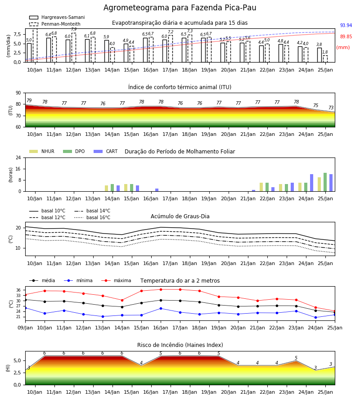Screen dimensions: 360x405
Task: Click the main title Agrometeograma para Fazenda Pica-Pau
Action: coord(180,8)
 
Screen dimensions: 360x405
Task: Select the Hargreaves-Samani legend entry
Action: coord(57,17)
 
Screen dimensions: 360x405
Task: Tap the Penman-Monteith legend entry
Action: coord(55,24)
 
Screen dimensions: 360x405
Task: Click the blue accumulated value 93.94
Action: coord(346,25)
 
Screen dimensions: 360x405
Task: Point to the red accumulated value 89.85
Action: coord(346,37)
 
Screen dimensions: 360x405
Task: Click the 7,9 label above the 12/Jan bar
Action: coord(74,29)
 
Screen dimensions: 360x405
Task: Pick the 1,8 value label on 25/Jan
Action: coord(325,52)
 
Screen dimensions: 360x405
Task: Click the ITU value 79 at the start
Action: coord(29,100)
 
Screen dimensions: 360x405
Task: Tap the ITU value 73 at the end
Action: coord(331,108)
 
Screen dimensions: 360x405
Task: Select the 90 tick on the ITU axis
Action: coord(18,93)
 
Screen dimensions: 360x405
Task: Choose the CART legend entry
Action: coord(106,151)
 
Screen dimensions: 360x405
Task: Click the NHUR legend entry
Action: coord(42,151)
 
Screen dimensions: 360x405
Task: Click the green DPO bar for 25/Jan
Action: coord(325,182)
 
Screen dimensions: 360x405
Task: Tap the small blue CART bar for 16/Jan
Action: coord(157,190)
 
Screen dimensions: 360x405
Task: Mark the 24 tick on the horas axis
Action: coord(18,157)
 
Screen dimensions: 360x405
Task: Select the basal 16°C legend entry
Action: coord(92,217)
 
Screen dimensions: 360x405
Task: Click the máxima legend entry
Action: coord(116,280)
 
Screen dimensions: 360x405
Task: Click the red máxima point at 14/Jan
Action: coord(122,300)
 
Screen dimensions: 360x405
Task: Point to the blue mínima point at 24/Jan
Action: coord(315,317)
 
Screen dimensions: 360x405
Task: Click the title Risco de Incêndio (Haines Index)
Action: coord(180,345)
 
